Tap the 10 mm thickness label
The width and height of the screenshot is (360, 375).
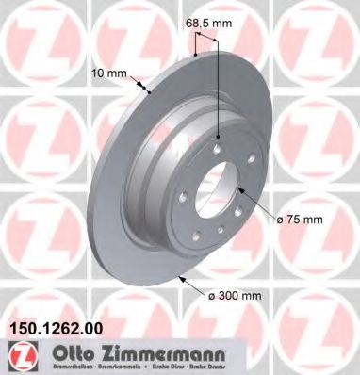point(122,70)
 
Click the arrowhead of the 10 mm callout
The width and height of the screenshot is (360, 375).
point(151,93)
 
